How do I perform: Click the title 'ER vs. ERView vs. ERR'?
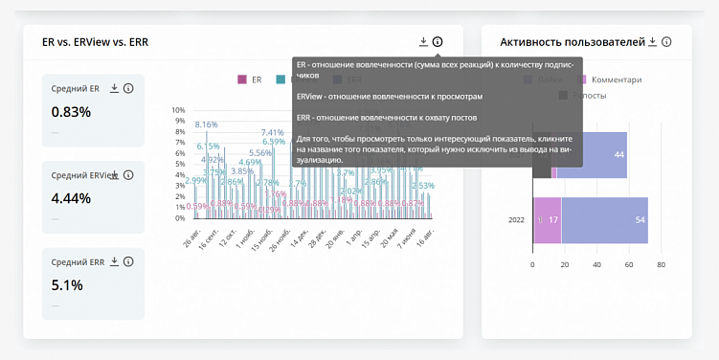tap(95, 42)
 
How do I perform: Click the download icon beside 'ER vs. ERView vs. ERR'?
tap(423, 42)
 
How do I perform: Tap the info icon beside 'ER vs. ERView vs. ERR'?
tap(438, 42)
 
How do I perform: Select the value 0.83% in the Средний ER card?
tap(71, 112)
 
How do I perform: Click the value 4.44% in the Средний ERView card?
tap(71, 198)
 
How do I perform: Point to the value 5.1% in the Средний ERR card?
tap(67, 284)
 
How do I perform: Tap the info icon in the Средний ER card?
tap(128, 88)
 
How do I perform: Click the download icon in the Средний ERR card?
tap(114, 261)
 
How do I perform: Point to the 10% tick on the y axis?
tap(178, 110)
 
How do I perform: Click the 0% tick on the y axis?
tap(180, 218)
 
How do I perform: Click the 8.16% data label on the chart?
tap(206, 124)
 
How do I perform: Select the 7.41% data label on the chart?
tap(272, 133)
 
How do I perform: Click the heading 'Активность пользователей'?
tap(572, 42)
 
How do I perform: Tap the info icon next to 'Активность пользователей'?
tap(666, 42)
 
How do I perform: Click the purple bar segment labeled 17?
tap(549, 220)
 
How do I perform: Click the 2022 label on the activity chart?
tap(516, 220)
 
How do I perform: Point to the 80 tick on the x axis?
tap(661, 265)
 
